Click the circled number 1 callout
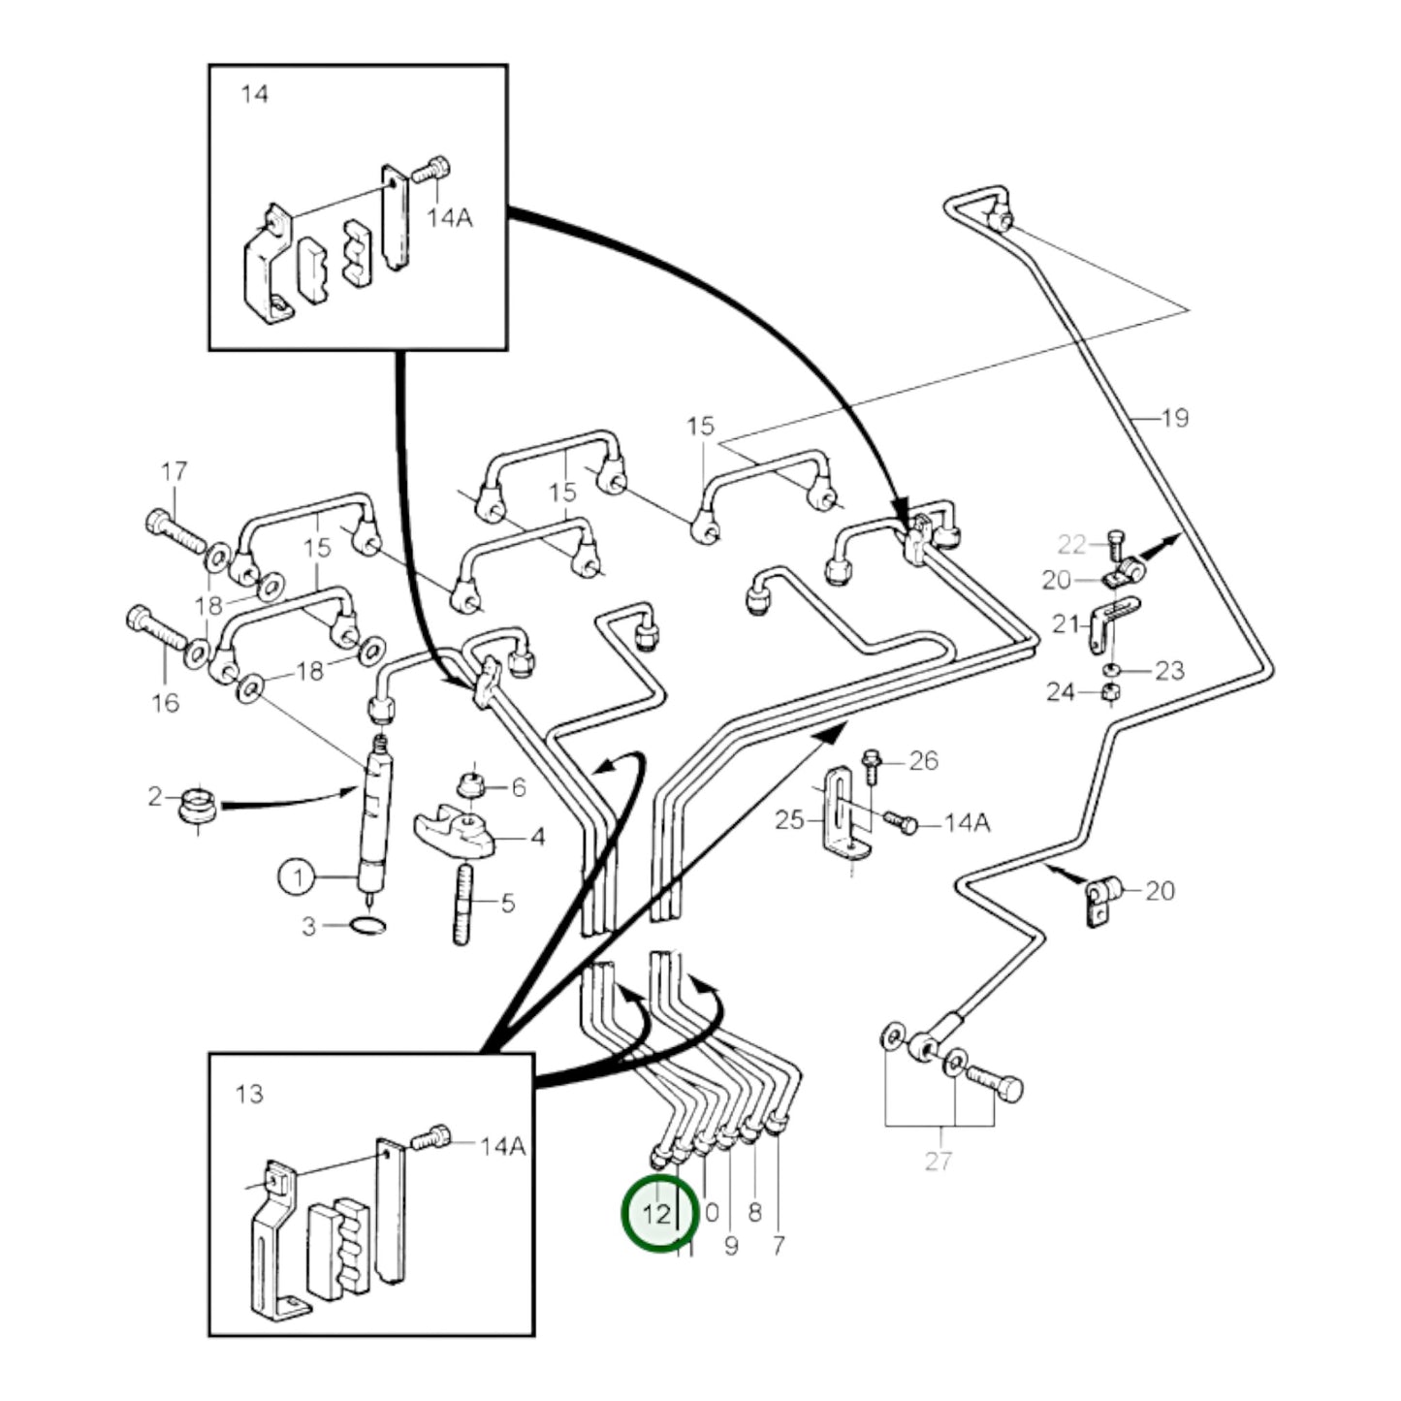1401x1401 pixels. pos(297,878)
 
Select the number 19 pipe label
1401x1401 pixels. pos(1173,419)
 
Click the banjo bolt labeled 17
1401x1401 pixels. pos(175,531)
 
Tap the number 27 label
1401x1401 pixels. pos(938,1161)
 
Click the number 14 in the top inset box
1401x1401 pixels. pos(254,94)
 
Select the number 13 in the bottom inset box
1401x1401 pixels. pos(249,1094)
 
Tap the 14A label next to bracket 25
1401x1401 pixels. pos(967,823)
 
